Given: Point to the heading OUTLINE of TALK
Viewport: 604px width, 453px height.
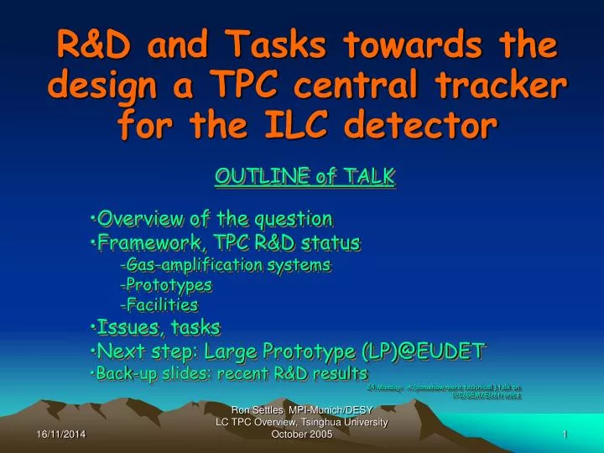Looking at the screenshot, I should click(x=305, y=176).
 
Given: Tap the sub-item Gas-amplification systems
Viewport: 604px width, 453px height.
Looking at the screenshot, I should click(x=226, y=265).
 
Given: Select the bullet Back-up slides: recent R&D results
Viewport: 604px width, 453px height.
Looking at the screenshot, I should click(x=228, y=372).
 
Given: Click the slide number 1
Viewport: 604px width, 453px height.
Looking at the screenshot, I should click(x=566, y=435).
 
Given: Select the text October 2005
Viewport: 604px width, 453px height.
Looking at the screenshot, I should click(x=303, y=435).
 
